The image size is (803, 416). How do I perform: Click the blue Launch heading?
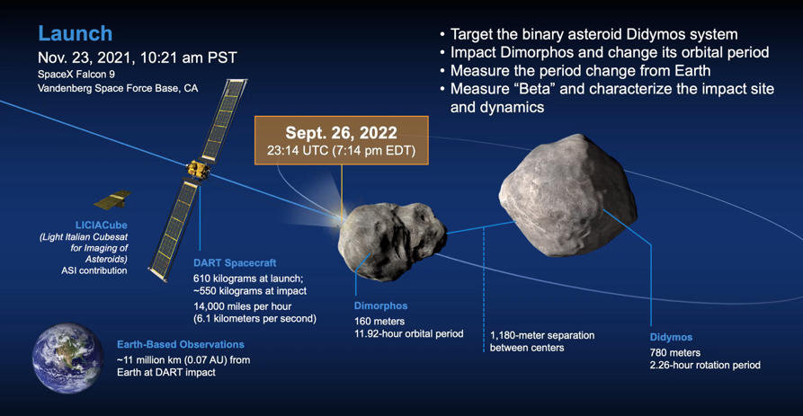(76, 34)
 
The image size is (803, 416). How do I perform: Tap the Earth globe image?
(67, 358)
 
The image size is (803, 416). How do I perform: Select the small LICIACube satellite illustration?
(112, 199)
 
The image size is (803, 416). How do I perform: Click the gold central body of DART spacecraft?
(198, 170)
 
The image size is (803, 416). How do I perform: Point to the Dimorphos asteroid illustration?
(392, 241)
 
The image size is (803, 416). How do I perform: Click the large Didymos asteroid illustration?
(568, 195)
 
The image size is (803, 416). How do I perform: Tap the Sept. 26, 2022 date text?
(341, 133)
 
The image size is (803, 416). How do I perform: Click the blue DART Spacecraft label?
(235, 263)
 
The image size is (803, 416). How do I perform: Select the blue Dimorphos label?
(381, 306)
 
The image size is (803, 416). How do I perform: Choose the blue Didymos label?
(671, 337)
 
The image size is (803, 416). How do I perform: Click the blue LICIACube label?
(101, 226)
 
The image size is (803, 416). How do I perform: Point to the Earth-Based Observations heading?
(180, 344)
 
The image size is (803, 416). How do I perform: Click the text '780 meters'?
(675, 352)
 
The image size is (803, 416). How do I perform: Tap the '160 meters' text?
(379, 322)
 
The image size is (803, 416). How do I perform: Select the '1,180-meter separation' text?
(542, 336)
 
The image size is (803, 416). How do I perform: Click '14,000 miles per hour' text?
(242, 306)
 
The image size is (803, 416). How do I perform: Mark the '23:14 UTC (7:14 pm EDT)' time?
(341, 151)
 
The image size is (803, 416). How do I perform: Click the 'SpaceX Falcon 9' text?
(76, 75)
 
